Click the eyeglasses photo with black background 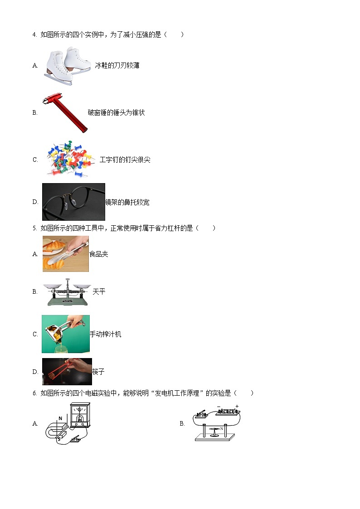point(73,202)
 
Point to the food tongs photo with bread point(66,254)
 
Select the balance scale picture point(67,292)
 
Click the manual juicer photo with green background point(66,334)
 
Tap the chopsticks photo point(67,372)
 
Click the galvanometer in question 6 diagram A point(80,415)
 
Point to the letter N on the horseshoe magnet point(60,418)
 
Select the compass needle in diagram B point(215,429)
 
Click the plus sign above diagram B point(237,406)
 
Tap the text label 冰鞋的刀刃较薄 point(117,66)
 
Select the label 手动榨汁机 point(106,334)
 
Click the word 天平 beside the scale point(99,292)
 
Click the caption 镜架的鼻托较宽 point(127,202)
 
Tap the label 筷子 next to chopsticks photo point(98,372)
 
